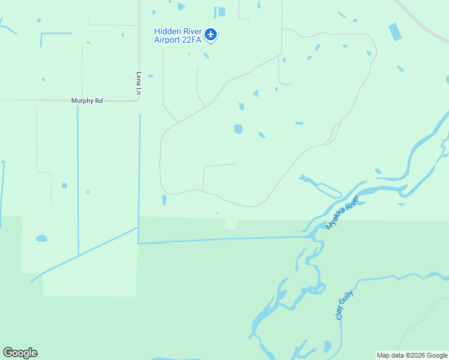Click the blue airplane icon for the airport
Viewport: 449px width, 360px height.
tap(210, 34)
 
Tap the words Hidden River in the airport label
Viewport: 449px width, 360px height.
tap(178, 31)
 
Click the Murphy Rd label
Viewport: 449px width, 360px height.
tap(87, 101)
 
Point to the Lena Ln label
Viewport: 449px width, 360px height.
tap(139, 83)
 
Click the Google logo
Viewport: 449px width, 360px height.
tap(20, 353)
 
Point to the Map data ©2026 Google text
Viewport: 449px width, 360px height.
tap(412, 355)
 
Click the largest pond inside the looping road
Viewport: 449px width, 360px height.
tap(238, 129)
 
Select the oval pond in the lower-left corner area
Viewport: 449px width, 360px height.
tap(41, 238)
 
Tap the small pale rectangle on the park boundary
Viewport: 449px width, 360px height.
tap(231, 224)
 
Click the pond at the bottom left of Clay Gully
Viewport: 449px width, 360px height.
tap(327, 347)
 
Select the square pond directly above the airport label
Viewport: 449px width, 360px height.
tap(221, 11)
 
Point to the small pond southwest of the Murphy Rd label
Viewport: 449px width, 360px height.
tap(64, 185)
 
